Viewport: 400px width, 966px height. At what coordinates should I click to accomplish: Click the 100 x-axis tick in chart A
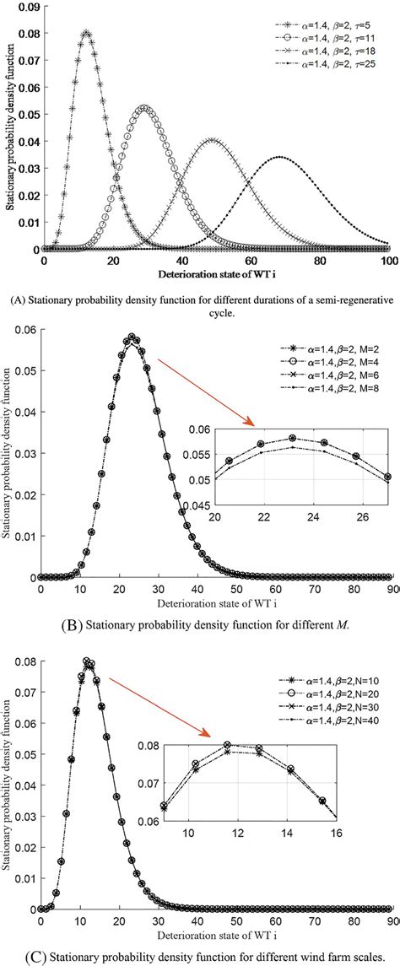(387, 262)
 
